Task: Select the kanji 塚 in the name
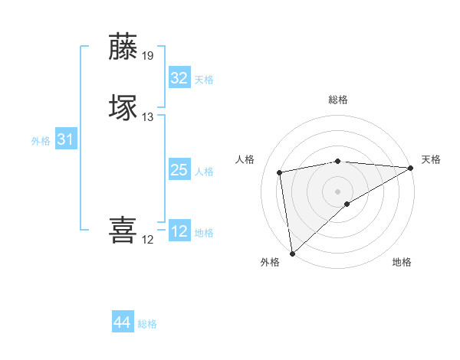click(123, 106)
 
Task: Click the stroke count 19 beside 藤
click(148, 56)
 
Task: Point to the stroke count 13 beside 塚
click(148, 117)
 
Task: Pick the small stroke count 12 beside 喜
click(147, 240)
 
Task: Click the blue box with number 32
click(179, 78)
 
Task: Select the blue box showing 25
click(179, 170)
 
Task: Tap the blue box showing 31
click(66, 139)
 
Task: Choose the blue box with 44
click(122, 322)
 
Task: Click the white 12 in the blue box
click(179, 231)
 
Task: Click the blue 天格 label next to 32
click(204, 80)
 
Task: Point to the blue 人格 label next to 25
click(204, 172)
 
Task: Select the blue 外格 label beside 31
click(41, 141)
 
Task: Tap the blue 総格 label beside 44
click(147, 324)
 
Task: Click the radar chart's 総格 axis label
click(338, 100)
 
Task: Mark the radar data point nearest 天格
click(411, 168)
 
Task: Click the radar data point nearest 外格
click(291, 254)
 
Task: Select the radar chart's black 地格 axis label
click(402, 263)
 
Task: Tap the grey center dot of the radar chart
click(338, 191)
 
